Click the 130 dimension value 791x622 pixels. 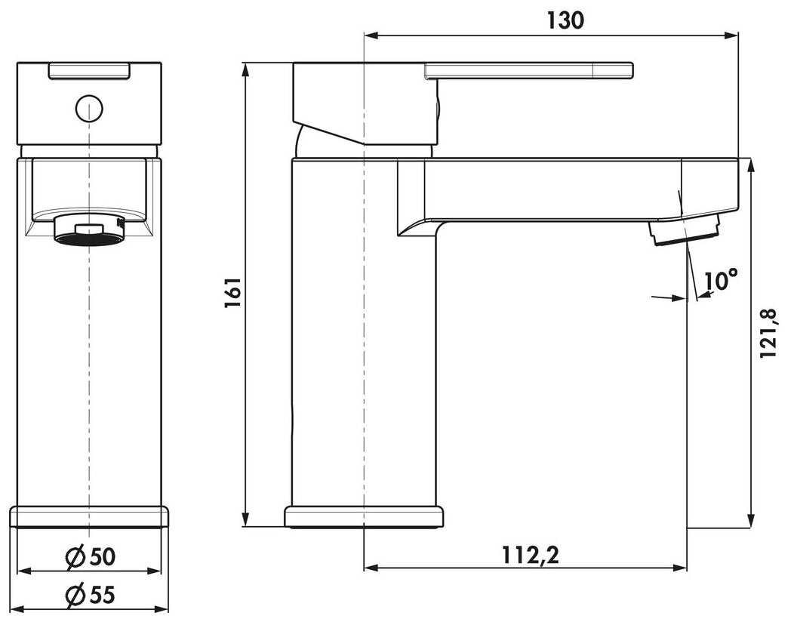point(565,20)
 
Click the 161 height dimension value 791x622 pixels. point(234,293)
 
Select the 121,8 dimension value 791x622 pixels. point(769,334)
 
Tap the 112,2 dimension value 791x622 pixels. point(530,556)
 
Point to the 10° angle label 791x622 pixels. point(721,280)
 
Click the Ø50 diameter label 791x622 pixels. point(91,556)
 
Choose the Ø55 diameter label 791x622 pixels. point(91,595)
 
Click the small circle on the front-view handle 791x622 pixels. point(89,109)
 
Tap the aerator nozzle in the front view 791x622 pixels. point(89,230)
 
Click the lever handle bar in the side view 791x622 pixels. point(529,71)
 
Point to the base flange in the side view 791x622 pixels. point(365,516)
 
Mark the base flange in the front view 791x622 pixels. point(89,516)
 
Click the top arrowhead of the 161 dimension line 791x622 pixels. point(245,69)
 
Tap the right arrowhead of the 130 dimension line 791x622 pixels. point(731,35)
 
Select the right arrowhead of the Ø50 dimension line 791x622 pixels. point(154,571)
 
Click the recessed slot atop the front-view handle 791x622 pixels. point(89,70)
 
